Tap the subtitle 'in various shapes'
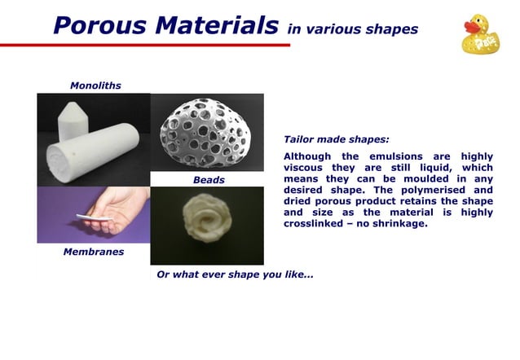coord(352,29)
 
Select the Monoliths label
coord(95,86)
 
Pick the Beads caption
coord(209,180)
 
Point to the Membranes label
coord(94,252)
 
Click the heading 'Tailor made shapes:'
coord(336,139)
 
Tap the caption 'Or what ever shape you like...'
coord(235,274)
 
